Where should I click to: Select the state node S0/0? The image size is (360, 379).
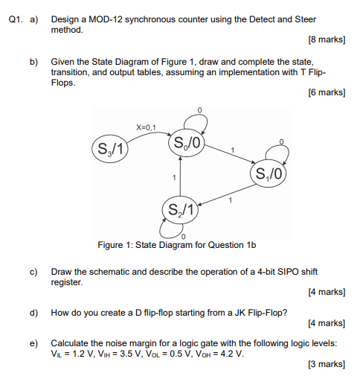(187, 143)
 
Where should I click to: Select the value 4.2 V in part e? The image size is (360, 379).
(231, 353)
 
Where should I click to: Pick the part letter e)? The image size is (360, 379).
(34, 343)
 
